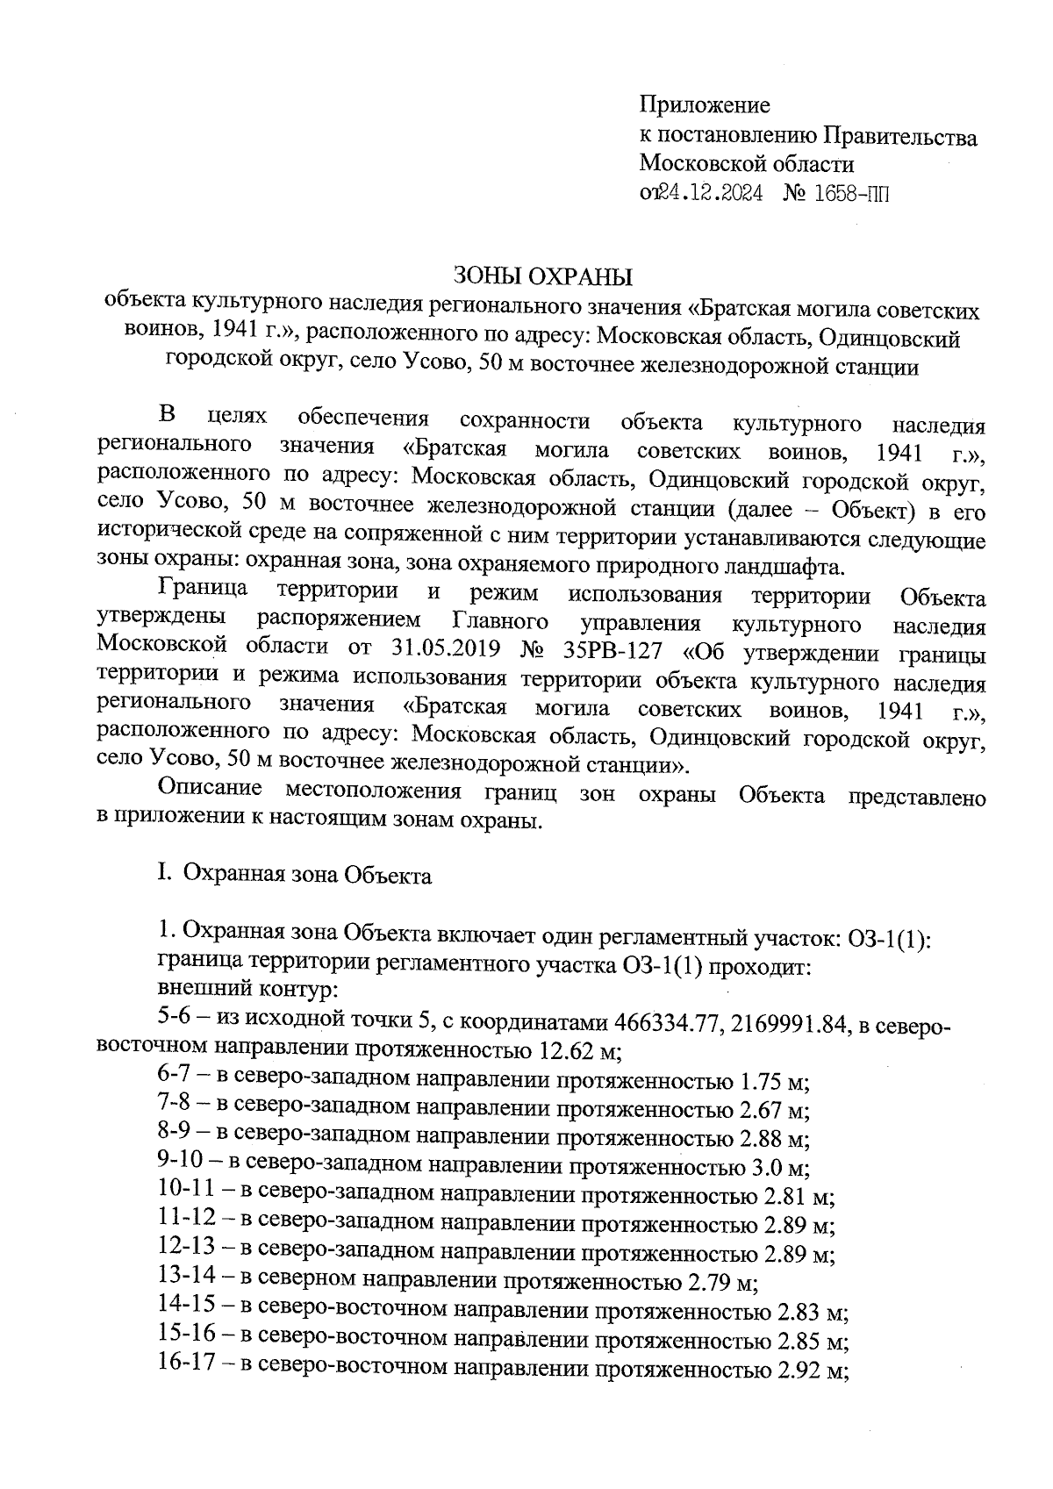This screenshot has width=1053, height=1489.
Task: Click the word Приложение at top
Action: point(705,106)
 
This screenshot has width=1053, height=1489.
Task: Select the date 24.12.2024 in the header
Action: point(712,193)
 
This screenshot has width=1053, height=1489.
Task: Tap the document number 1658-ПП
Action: point(852,193)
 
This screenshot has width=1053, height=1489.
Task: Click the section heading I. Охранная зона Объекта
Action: point(294,876)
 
